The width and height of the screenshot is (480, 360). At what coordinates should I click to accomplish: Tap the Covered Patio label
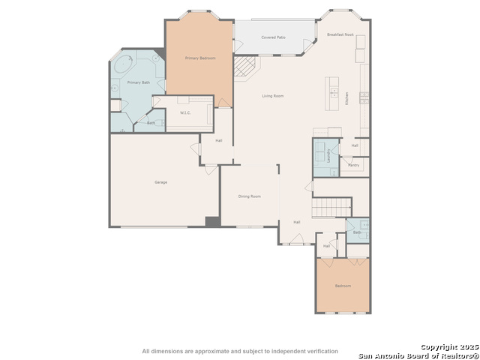(x=273, y=37)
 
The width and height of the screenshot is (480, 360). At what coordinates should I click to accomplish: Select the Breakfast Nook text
(x=340, y=34)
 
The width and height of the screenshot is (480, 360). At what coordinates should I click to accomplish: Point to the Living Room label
(x=272, y=96)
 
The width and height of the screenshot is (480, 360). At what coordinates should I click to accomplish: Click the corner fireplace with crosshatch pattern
(x=244, y=68)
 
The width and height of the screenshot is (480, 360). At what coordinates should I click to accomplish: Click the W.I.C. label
(x=185, y=113)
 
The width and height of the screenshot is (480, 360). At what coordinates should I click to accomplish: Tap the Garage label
(x=160, y=182)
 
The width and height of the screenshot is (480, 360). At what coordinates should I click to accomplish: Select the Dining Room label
(x=250, y=196)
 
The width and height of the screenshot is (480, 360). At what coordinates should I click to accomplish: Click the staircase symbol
(x=331, y=206)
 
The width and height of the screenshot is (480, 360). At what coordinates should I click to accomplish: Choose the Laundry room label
(x=328, y=155)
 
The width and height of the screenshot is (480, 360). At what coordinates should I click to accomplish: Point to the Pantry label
(x=353, y=164)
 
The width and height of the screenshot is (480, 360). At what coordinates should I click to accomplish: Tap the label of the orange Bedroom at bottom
(x=343, y=286)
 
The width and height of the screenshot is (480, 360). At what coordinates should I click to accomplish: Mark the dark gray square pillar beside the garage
(x=212, y=222)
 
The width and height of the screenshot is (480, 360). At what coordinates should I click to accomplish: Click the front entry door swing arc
(x=296, y=239)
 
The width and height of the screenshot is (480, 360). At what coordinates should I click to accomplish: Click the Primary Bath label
(x=136, y=82)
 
